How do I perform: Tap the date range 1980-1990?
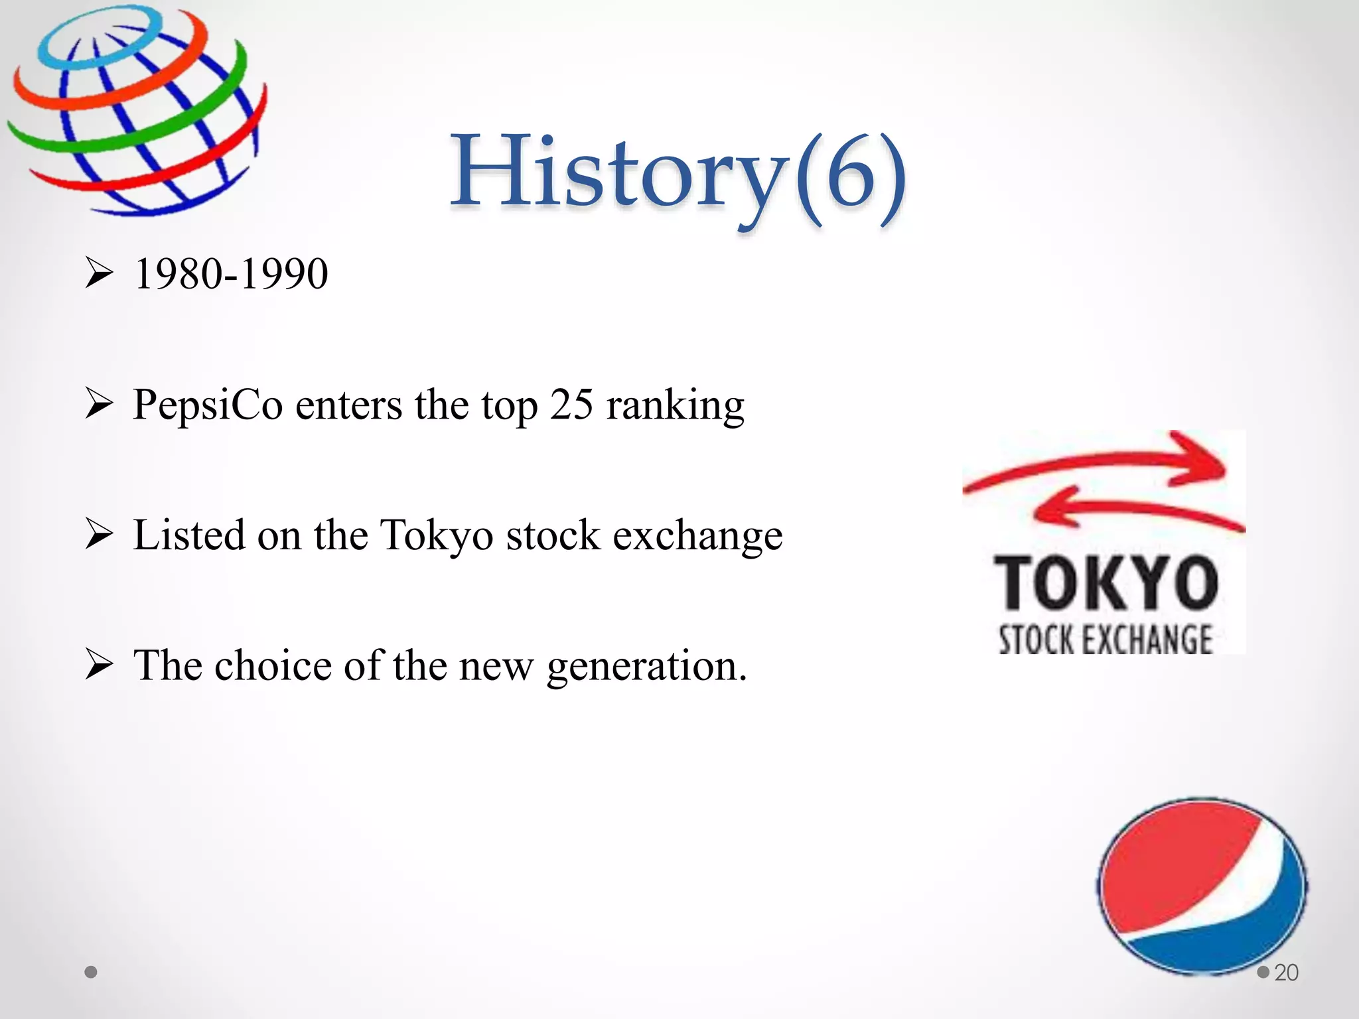(x=230, y=274)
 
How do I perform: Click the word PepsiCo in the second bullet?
(x=208, y=405)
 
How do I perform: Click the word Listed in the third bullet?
(x=188, y=535)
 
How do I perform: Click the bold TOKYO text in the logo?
(x=1106, y=584)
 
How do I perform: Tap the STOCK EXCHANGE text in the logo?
(x=1106, y=640)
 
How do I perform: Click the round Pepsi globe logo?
(x=1202, y=886)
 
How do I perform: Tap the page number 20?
(x=1286, y=973)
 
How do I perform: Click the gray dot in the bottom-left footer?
(x=92, y=972)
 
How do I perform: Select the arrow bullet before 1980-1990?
(x=100, y=274)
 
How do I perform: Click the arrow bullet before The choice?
(x=100, y=665)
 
